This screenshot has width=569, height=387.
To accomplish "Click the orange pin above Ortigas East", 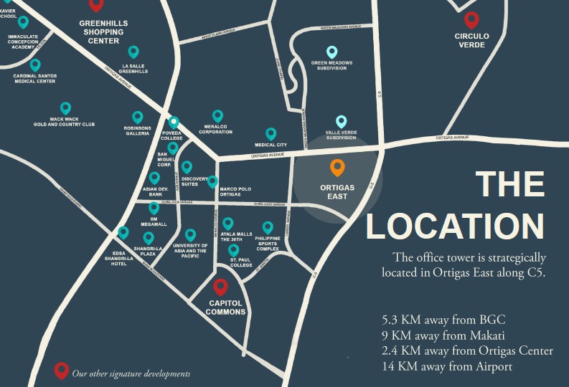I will click(337, 168).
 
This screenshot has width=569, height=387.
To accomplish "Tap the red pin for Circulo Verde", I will click(471, 20).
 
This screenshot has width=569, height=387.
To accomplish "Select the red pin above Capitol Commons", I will click(221, 287).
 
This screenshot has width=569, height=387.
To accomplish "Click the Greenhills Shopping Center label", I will click(103, 32).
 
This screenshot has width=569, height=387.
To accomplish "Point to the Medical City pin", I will click(271, 133).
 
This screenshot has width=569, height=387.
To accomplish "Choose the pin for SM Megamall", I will click(154, 207).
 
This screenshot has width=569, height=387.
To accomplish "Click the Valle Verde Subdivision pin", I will click(341, 121).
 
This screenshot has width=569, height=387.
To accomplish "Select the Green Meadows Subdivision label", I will click(331, 66).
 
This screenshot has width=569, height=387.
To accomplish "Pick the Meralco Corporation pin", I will click(217, 115).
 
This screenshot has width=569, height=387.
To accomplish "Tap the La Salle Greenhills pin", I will click(133, 51).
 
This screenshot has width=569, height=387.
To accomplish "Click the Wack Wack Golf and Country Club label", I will click(64, 122).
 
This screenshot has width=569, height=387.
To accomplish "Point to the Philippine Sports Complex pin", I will click(268, 227).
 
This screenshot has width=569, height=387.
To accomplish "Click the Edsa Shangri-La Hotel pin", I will click(123, 232).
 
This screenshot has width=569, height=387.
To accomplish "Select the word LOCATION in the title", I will click(455, 225).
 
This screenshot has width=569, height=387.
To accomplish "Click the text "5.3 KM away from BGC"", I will click(449, 320).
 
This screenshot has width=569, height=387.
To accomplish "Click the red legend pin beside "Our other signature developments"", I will click(62, 371).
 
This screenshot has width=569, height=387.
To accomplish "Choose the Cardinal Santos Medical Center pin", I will click(35, 64).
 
